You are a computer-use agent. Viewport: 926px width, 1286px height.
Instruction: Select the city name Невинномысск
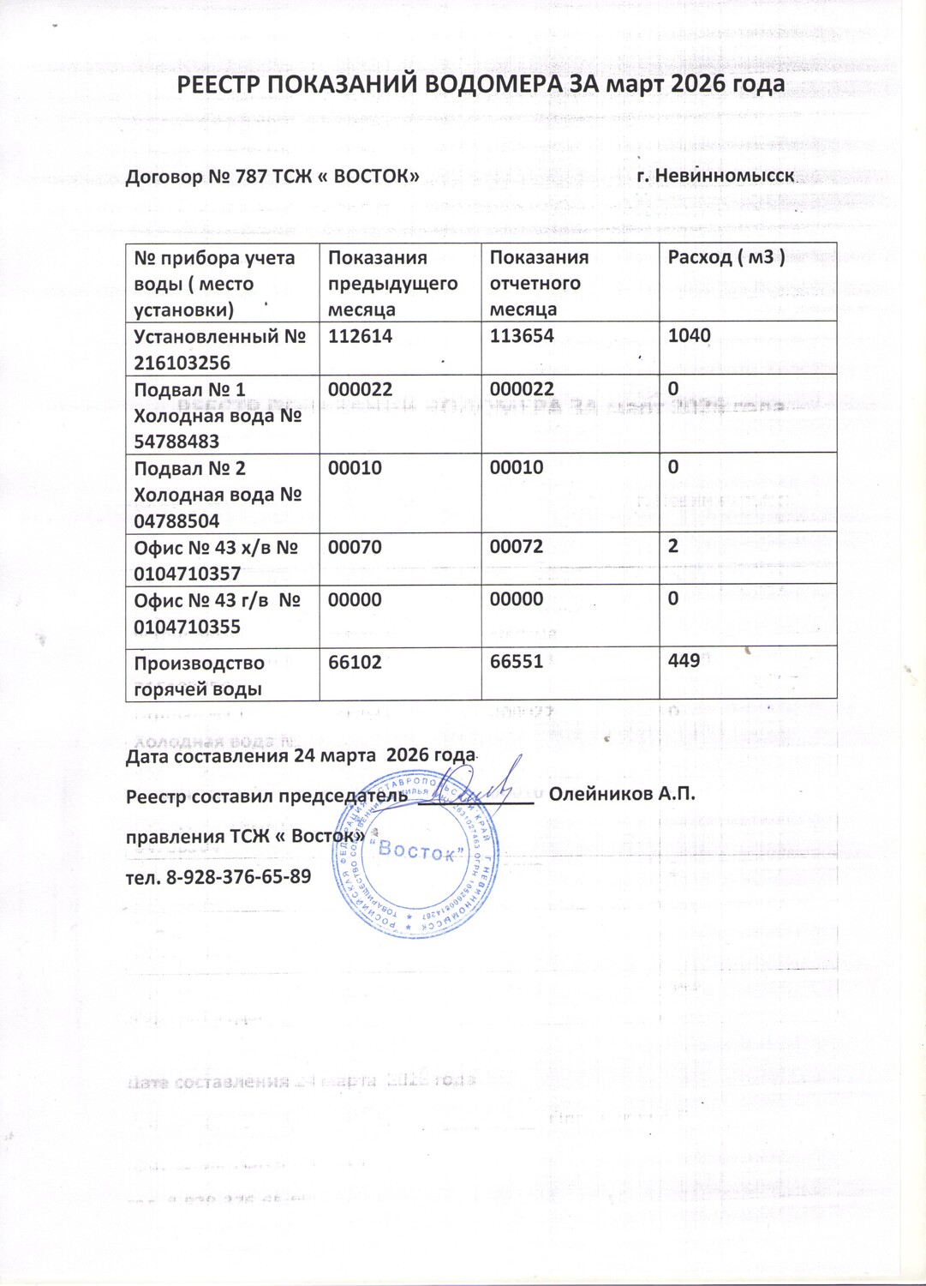(726, 177)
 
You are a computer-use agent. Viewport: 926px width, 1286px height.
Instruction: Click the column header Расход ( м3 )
(726, 257)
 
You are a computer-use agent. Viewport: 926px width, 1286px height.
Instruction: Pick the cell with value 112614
(360, 336)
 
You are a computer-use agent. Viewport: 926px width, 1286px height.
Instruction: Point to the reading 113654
(522, 336)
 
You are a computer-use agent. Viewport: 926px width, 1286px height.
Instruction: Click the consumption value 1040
(689, 335)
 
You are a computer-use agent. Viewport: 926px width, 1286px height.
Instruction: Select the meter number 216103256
(182, 363)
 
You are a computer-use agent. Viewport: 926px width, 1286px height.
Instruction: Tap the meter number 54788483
(176, 442)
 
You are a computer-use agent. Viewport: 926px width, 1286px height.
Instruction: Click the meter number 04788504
(176, 521)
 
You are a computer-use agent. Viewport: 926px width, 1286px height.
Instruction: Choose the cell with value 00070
(355, 547)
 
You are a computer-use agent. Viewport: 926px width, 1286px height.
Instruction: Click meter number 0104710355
(187, 627)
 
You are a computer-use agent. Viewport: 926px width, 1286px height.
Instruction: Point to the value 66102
(355, 663)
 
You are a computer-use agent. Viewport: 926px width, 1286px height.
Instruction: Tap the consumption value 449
(684, 660)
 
